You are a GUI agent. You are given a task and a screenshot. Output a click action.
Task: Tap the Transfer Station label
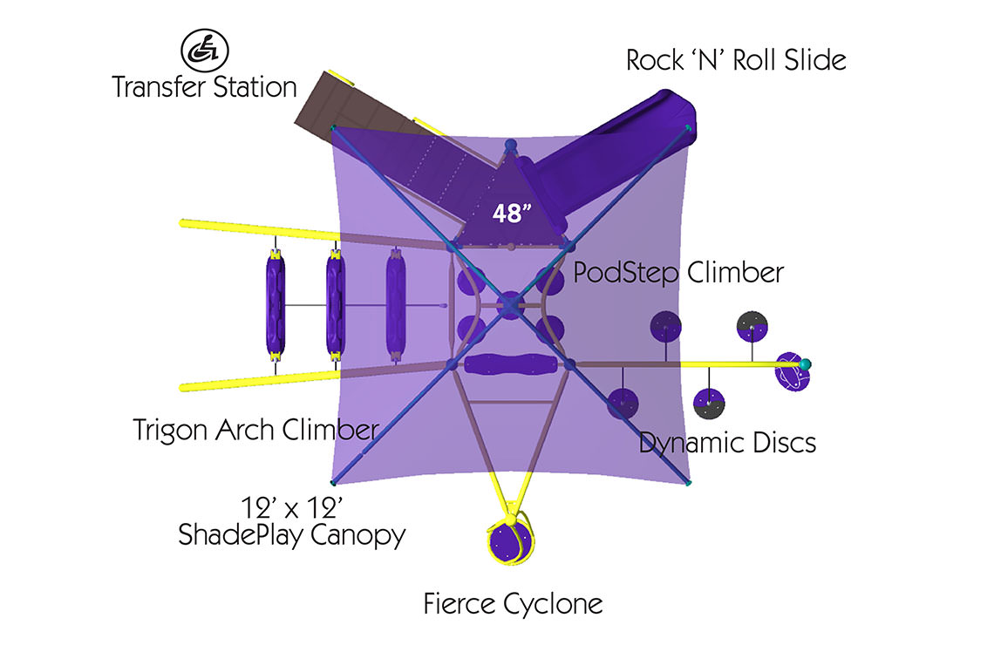(x=204, y=88)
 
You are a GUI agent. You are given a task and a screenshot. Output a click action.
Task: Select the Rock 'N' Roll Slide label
(x=736, y=61)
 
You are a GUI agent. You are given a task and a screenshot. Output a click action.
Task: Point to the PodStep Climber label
(x=677, y=273)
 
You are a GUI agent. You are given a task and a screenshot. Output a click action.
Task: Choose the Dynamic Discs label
(x=727, y=443)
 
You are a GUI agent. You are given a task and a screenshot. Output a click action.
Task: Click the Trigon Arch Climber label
(x=255, y=430)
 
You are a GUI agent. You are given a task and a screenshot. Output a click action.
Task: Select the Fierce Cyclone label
(x=513, y=603)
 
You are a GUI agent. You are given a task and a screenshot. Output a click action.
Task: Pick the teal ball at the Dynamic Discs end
(x=806, y=363)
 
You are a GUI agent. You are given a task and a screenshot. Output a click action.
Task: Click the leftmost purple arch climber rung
(x=276, y=305)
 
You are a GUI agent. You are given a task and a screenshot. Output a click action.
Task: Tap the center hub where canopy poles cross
(x=509, y=304)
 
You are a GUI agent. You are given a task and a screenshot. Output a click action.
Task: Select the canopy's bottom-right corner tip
(x=689, y=482)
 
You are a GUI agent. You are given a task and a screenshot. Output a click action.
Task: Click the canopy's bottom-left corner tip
(x=332, y=482)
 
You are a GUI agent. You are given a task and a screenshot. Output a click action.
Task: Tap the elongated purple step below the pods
(x=509, y=364)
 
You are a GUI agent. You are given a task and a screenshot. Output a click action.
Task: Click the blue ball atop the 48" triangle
(x=511, y=144)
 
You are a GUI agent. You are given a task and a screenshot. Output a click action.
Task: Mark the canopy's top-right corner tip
(x=689, y=128)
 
